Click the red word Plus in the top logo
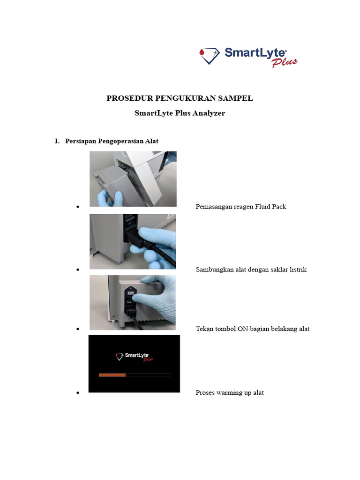coord(284,62)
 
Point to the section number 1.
coord(57,141)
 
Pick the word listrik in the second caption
coord(297,270)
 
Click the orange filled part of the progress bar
coord(112,375)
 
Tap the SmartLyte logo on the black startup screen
coord(134,357)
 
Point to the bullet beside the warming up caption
coord(77,393)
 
